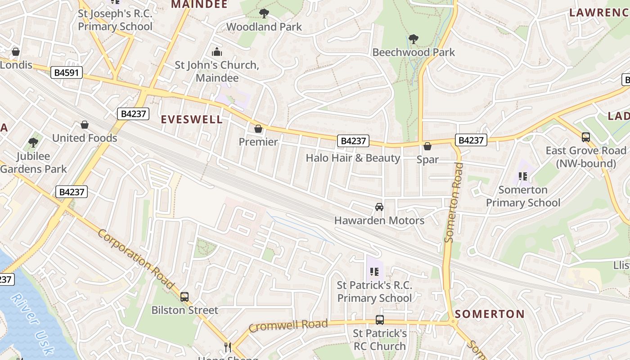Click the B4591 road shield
click(x=67, y=72)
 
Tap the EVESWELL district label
click(x=192, y=119)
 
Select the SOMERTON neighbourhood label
click(x=490, y=314)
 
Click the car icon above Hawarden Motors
click(x=379, y=207)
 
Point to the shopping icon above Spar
click(x=427, y=146)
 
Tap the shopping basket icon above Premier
click(x=258, y=129)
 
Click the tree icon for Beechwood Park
click(x=413, y=39)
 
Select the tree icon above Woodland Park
click(x=264, y=13)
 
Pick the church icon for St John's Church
click(x=217, y=52)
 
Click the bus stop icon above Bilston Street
click(x=184, y=297)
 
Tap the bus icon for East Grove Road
click(x=585, y=137)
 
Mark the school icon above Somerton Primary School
click(x=523, y=176)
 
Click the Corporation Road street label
click(x=135, y=260)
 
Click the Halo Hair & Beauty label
click(x=353, y=158)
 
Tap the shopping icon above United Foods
click(x=85, y=125)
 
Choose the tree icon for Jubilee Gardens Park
click(x=33, y=143)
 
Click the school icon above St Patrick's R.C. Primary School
click(x=374, y=272)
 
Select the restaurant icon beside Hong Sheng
click(x=228, y=347)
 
